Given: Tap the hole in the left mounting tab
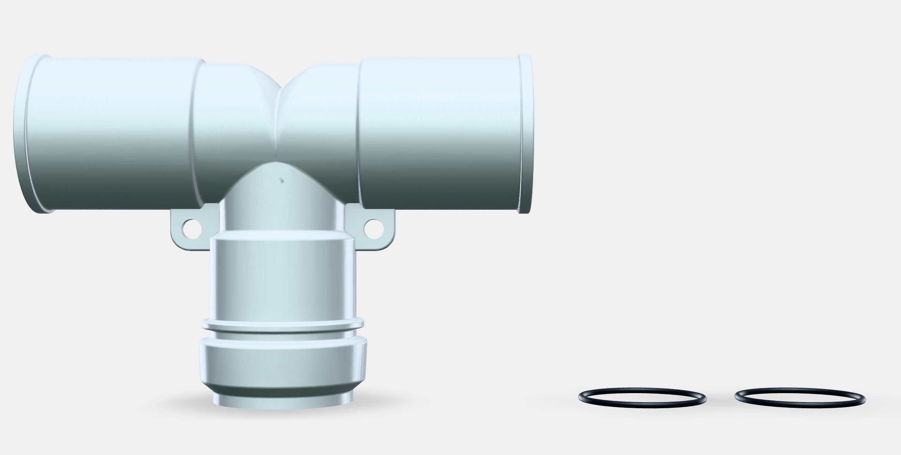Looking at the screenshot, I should point(190,228).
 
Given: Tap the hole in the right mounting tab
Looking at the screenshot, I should point(372,228).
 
